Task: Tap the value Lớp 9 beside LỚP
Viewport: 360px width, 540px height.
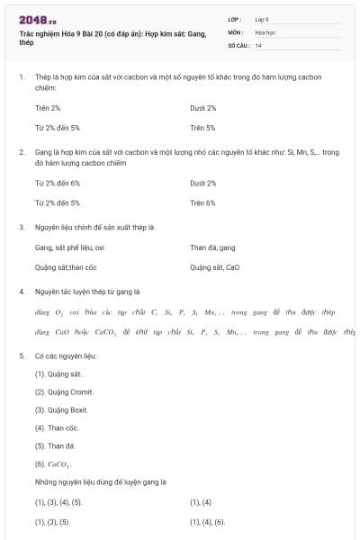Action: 262,19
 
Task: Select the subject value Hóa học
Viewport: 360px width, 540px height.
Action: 265,31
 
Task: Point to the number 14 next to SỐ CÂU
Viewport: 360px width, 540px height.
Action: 258,44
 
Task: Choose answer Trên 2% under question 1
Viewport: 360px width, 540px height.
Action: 48,108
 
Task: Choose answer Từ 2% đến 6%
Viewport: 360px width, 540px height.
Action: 58,183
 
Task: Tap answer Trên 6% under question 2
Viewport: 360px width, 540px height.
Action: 202,202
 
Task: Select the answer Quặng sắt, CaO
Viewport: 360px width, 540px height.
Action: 215,267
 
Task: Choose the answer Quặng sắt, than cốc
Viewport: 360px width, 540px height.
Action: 65,267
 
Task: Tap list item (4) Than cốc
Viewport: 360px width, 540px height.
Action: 57,427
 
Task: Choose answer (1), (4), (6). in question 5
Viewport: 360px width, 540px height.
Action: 208,521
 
